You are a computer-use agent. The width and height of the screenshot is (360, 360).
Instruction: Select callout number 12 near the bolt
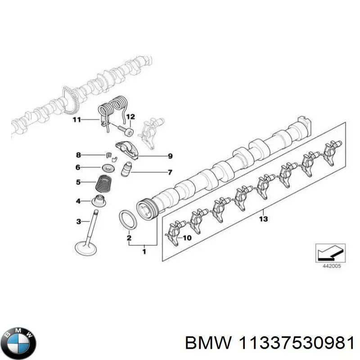130,117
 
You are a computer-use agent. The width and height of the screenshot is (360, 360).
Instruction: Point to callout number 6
78,167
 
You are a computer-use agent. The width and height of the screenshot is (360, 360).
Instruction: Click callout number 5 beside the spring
78,182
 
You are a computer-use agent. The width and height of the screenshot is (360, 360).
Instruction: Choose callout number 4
78,201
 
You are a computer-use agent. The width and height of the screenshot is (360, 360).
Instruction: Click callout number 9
170,156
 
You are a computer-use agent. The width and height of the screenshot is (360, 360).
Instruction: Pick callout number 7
170,172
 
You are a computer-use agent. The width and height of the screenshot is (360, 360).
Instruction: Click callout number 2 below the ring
129,238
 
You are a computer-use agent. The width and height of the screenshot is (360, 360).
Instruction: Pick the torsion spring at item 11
112,110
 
